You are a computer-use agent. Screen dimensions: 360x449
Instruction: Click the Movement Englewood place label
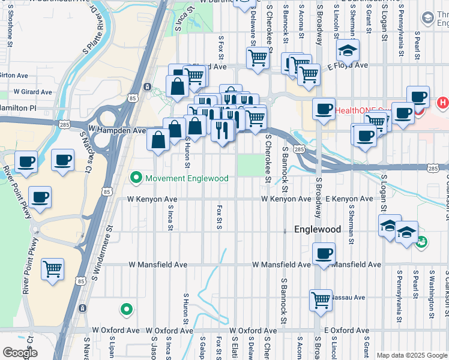187,178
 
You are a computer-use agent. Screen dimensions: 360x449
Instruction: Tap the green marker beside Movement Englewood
136,178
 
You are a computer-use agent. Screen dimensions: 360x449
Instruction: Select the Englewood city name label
318,229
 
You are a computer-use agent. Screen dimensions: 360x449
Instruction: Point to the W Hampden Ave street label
117,130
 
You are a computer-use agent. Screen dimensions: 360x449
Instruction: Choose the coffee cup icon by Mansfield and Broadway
324,253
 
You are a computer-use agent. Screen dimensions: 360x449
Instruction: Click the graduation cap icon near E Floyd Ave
347,51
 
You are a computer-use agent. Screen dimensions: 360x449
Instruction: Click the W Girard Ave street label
33,92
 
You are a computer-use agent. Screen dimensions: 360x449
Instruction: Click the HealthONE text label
354,110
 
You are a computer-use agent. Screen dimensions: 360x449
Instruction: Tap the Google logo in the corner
20,353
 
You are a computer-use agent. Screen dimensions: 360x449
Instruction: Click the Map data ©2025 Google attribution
412,355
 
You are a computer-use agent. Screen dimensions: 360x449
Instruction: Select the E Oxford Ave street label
346,331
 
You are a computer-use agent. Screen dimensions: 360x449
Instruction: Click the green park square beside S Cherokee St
250,165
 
